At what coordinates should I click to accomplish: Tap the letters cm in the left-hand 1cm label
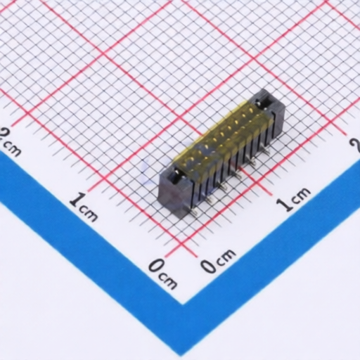click(89, 214)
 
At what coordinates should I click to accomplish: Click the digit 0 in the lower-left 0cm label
click(156, 266)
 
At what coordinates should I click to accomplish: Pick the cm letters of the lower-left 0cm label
click(168, 280)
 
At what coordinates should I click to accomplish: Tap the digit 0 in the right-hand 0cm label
click(210, 266)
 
